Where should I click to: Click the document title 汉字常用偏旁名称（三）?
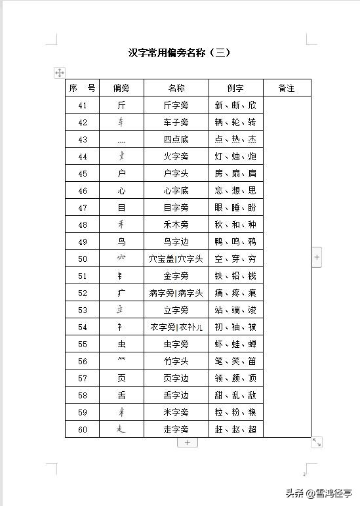pos(180,53)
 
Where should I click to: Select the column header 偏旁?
pos(121,88)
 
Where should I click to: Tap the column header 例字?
pos(235,88)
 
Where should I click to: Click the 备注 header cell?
pos(287,88)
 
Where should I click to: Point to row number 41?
pos(82,105)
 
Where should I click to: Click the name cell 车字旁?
pos(176,122)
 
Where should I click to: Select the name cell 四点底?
pos(176,139)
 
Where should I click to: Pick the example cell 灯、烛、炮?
pos(235,156)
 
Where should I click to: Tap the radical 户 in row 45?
pos(121,173)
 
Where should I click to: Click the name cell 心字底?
pos(176,190)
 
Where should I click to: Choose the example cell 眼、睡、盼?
pos(235,207)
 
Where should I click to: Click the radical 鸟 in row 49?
pos(121,242)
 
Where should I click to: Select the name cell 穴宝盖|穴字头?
pos(176,259)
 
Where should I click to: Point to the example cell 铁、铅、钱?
pos(235,276)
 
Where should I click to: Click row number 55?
pos(82,344)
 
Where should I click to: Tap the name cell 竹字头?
pos(176,361)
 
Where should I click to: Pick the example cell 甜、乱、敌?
pos(235,395)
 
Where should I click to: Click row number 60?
pos(82,429)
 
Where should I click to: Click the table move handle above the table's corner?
pos(59,73)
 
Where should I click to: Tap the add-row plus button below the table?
pos(187,443)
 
